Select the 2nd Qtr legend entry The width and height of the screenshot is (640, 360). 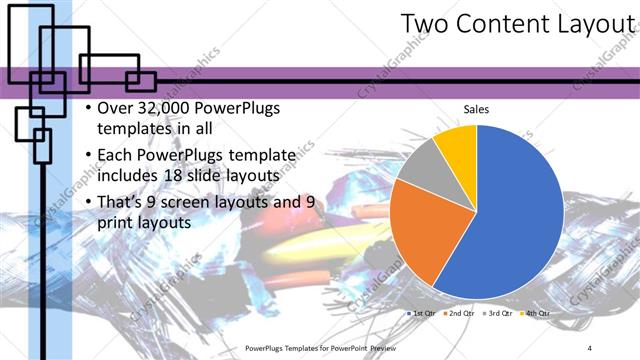[x=460, y=313]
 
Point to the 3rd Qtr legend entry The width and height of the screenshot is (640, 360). [x=499, y=313]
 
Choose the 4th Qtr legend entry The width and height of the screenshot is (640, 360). [x=537, y=313]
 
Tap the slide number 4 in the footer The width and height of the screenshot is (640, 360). [x=590, y=347]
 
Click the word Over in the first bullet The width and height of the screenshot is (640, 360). [x=116, y=108]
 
